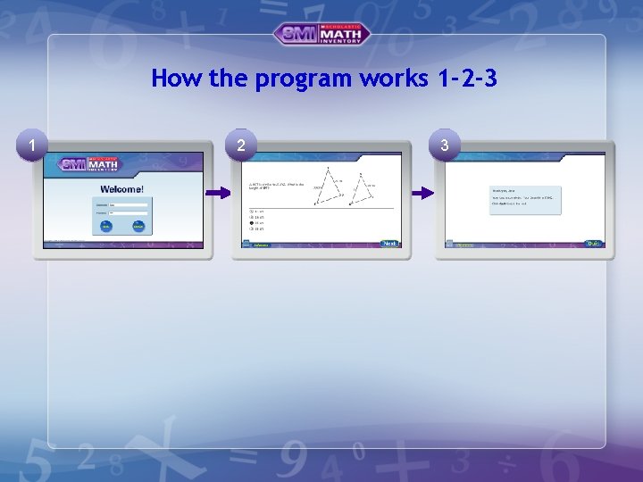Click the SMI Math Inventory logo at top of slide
(321, 34)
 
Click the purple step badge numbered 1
(33, 145)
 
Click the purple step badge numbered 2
(239, 145)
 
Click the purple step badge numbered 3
(444, 145)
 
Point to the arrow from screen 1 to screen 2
(219, 193)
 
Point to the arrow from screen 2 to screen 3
(422, 193)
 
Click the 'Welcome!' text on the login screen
(122, 190)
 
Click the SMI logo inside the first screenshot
(89, 165)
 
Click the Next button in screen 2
(389, 244)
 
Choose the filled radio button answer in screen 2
(251, 223)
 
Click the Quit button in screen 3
(593, 244)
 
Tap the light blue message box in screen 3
(525, 198)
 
